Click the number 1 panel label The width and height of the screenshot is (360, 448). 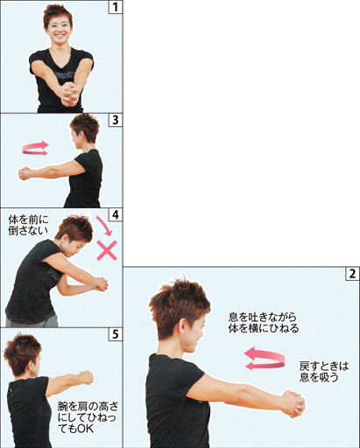116,7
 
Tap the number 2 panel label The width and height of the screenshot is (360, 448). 352,274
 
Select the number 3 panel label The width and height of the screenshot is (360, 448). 116,120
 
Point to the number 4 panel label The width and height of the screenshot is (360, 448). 116,215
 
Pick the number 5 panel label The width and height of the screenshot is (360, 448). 116,334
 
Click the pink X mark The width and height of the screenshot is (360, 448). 107,250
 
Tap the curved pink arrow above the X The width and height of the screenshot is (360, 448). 105,226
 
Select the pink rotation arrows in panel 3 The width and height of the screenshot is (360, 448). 35,148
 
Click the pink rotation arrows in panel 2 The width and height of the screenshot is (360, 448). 265,359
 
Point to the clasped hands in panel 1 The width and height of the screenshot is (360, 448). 69,94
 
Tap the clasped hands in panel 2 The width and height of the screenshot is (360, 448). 293,403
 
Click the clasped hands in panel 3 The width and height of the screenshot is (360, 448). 25,174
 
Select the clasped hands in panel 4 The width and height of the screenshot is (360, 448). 101,284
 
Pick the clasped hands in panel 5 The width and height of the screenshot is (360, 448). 85,377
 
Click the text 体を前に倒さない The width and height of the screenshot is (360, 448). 28,225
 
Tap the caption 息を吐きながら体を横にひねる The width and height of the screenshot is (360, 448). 264,323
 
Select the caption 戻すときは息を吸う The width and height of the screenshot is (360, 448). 324,372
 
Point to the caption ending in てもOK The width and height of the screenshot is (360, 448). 88,417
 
